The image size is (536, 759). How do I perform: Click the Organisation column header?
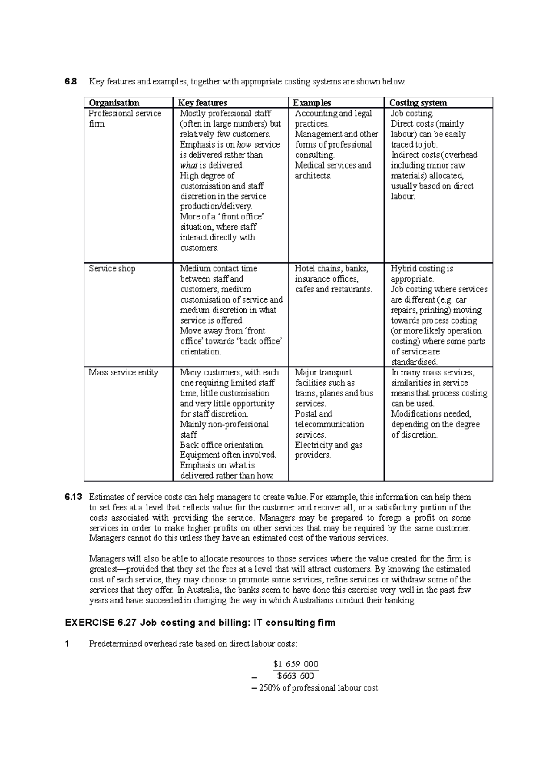coord(114,103)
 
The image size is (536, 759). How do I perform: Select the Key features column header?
coord(203,103)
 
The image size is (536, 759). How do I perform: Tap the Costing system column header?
coord(418,103)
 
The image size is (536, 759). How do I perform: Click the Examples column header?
coord(312,103)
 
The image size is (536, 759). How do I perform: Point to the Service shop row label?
coord(112,269)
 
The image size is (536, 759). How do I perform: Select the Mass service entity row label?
coord(123,372)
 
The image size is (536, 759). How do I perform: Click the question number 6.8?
coord(70,81)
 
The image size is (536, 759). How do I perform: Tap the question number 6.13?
coord(73,497)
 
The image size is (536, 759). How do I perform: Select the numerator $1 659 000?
coord(296,664)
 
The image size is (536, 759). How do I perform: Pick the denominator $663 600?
coord(296,676)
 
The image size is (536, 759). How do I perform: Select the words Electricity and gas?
coord(328,445)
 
